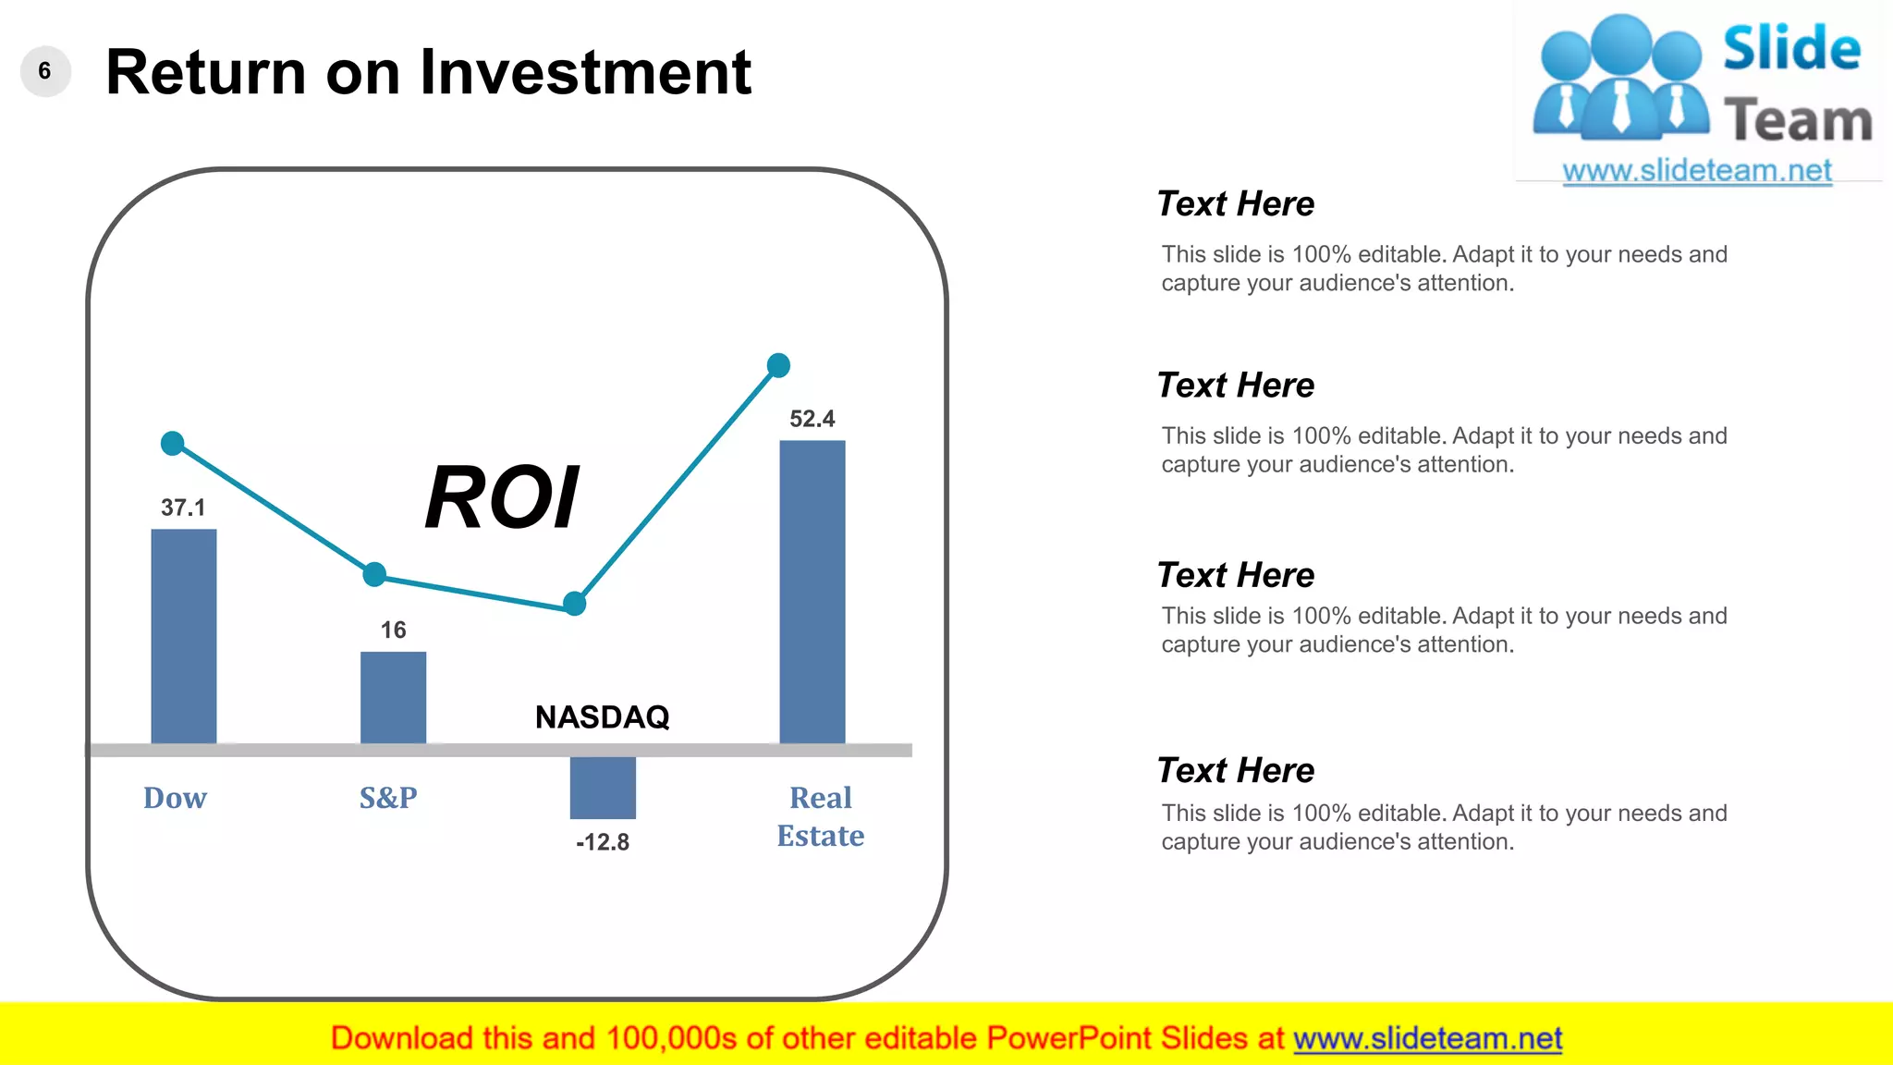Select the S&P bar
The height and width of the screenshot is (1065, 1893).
tap(393, 697)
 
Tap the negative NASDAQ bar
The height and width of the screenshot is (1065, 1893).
tap(603, 788)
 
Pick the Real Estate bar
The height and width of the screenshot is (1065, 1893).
tap(812, 592)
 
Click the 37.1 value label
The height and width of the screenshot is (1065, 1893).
tap(183, 508)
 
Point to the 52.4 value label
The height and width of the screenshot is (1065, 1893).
tap(812, 419)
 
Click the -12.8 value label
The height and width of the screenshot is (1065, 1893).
tap(603, 842)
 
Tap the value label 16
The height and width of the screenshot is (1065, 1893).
tap(393, 630)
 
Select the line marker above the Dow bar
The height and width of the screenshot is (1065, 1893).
tap(173, 444)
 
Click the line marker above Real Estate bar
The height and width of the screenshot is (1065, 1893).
tap(778, 365)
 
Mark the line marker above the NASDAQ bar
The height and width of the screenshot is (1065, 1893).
tap(575, 604)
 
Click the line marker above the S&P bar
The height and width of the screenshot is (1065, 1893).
tap(374, 574)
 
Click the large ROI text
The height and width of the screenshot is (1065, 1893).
tap(502, 497)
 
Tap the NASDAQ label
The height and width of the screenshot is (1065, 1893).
tap(603, 716)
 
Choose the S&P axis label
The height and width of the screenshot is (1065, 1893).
tap(388, 797)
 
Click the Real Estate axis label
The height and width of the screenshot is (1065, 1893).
tap(820, 816)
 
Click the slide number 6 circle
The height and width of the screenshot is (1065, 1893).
tap(45, 71)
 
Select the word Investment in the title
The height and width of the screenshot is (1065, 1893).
tap(586, 72)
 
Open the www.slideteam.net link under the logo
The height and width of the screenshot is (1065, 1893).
tap(1697, 171)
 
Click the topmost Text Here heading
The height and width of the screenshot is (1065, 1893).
tap(1236, 203)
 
